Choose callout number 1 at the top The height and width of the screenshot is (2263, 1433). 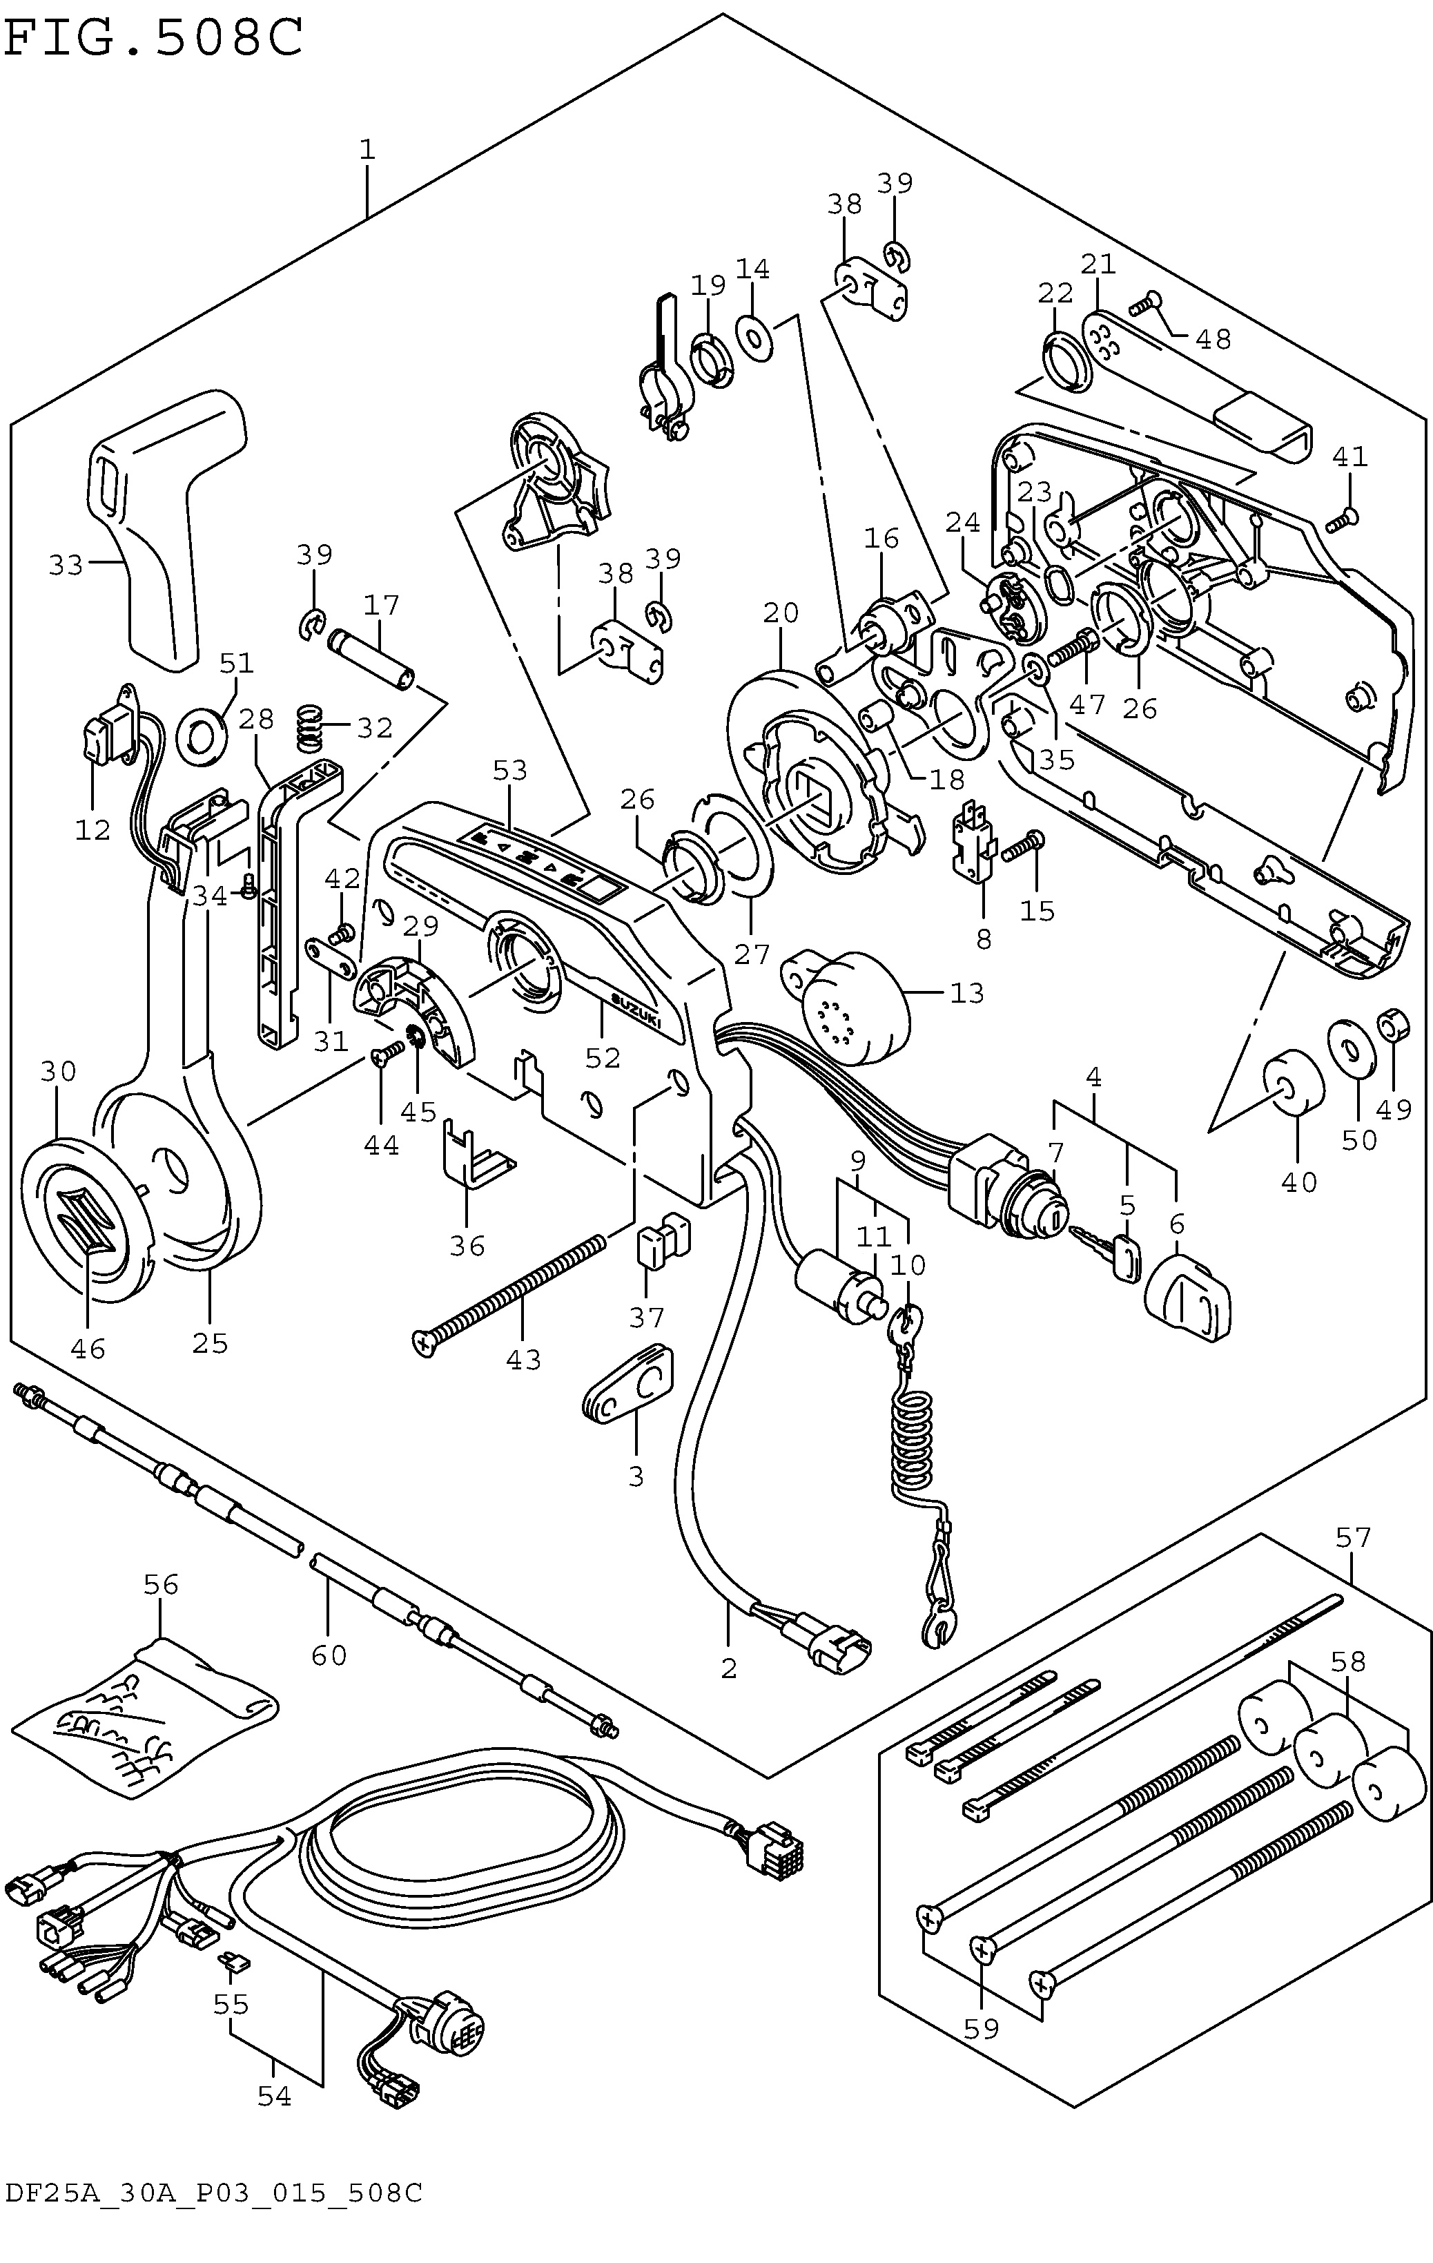[367, 149]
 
